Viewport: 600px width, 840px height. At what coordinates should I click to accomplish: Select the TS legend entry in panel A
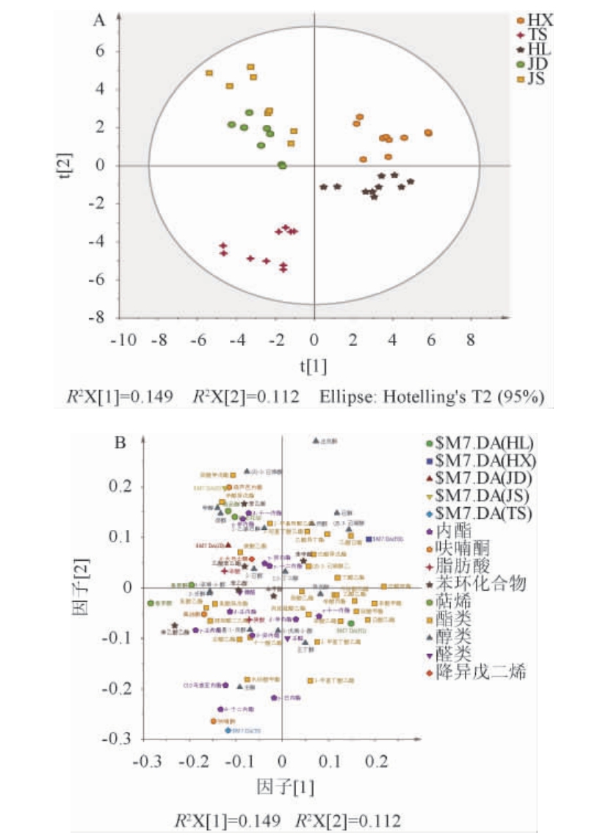click(x=532, y=35)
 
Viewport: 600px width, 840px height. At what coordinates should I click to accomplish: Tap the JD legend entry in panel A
click(x=532, y=63)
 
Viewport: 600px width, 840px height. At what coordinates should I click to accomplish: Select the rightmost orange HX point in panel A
click(x=428, y=133)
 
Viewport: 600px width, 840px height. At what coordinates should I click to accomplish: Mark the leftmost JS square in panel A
click(x=209, y=73)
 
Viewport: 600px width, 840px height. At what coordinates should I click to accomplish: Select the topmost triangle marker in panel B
click(x=316, y=441)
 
